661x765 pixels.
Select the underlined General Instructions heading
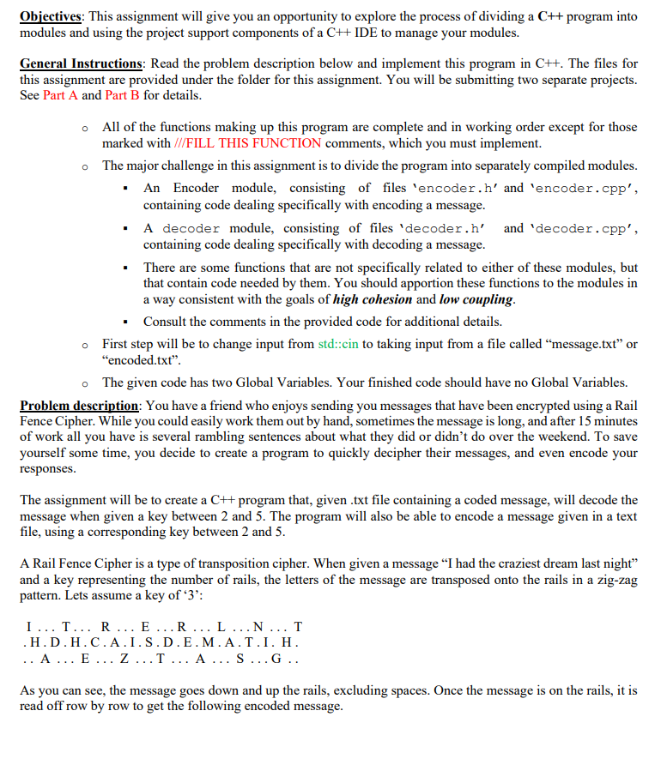(x=81, y=63)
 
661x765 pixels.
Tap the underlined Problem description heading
(x=76, y=405)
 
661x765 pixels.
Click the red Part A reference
(x=60, y=95)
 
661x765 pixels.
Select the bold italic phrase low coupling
(x=477, y=299)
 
